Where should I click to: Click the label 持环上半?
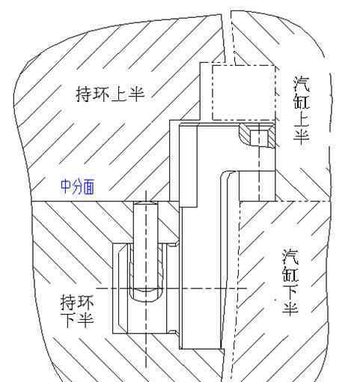[x=110, y=94]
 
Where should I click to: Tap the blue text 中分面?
[x=78, y=187]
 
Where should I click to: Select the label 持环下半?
[x=77, y=311]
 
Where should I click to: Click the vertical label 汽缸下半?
[x=290, y=282]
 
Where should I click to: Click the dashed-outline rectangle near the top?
[x=244, y=93]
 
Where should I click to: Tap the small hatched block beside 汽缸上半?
[x=257, y=135]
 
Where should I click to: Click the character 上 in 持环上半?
[x=119, y=94]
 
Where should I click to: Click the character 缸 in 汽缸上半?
[x=302, y=101]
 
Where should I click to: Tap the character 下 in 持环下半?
[x=68, y=320]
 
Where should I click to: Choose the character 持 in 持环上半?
[x=84, y=94]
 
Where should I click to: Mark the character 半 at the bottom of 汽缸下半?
[x=290, y=309]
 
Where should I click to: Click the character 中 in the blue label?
[x=66, y=187]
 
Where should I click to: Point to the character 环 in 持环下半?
[x=86, y=303]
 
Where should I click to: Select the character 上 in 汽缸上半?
[x=302, y=118]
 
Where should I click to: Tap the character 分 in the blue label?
[x=77, y=187]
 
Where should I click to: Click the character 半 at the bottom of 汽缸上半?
[x=302, y=136]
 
